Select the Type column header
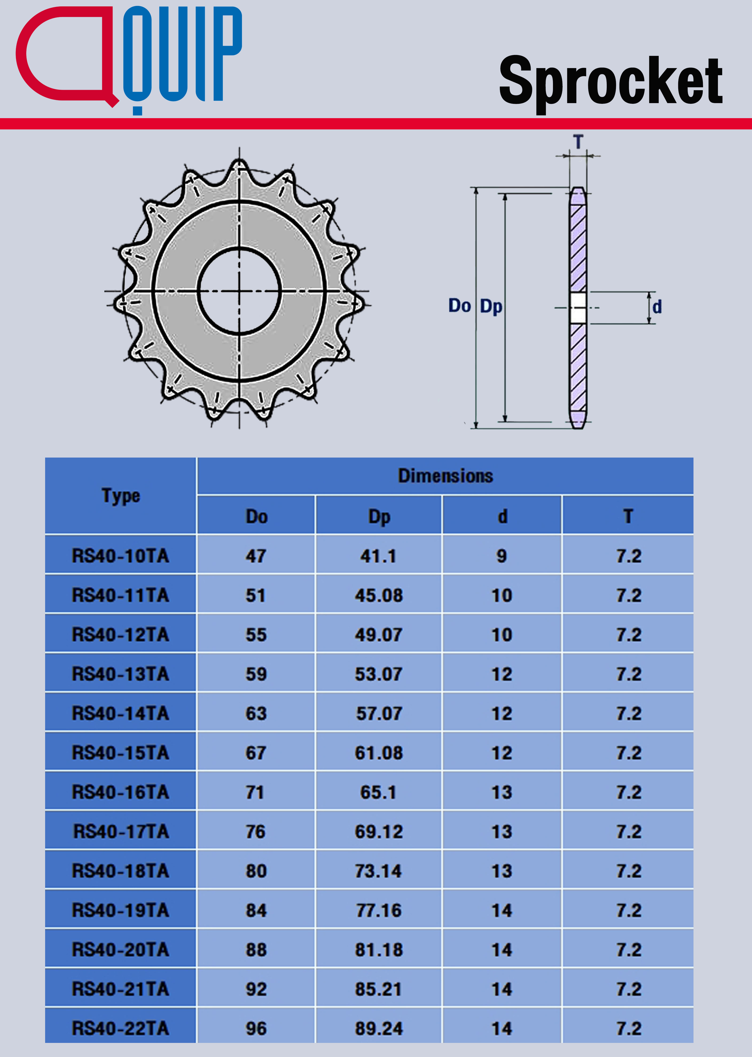pyautogui.click(x=121, y=496)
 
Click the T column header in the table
pyautogui.click(x=628, y=516)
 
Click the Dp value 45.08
pyautogui.click(x=379, y=595)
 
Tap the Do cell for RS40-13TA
pyautogui.click(x=256, y=674)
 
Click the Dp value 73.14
pyautogui.click(x=379, y=871)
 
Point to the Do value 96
pyautogui.click(x=256, y=1028)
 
